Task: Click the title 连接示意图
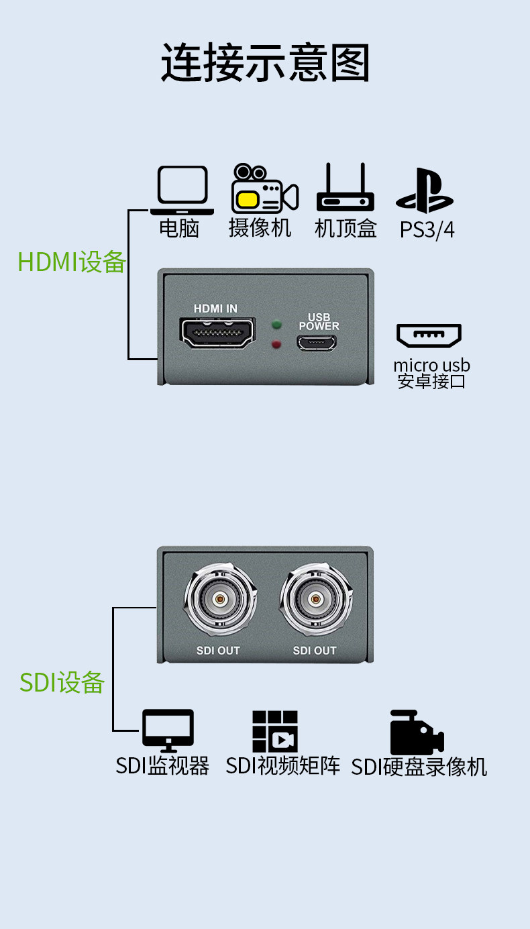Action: pos(266,62)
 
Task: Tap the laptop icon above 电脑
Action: pos(182,190)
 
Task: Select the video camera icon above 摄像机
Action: pos(264,188)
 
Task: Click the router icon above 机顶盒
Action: pos(345,187)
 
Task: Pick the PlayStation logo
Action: pos(424,190)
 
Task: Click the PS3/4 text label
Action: pos(427,230)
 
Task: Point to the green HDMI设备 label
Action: pos(71,262)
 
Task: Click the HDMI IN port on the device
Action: pos(217,333)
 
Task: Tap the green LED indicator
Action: pos(276,325)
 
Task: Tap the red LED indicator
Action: pos(276,344)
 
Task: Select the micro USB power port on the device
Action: pos(317,343)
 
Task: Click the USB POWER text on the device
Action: pos(319,322)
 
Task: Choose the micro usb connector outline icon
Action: pos(429,335)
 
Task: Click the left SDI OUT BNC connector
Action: pos(220,599)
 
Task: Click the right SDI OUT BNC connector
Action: pos(316,599)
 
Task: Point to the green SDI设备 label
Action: pos(62,682)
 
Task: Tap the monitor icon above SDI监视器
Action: pos(168,730)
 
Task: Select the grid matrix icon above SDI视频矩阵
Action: pos(275,731)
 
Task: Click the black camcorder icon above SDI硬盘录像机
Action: pos(417,732)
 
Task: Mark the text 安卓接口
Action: pos(431,381)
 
